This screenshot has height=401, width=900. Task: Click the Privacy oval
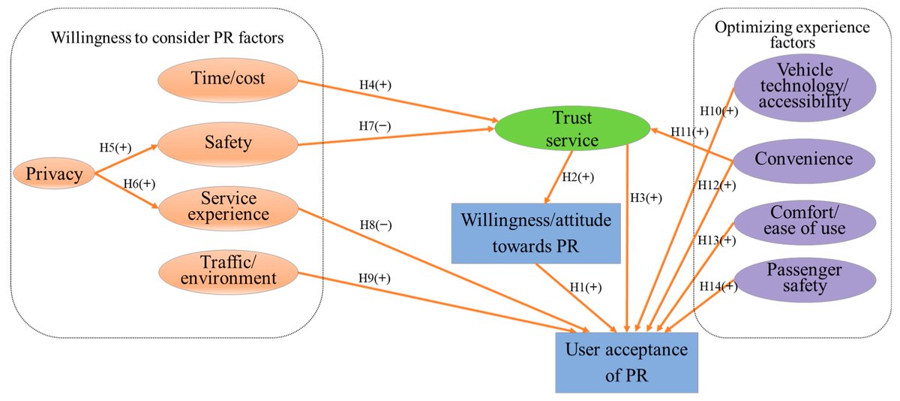pos(53,174)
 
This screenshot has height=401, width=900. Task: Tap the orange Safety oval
pos(228,143)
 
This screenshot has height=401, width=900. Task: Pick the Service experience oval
pos(228,207)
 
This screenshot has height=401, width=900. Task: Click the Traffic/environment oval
pos(228,270)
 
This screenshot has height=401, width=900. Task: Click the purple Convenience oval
pos(804,159)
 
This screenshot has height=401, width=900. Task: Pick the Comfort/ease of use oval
pos(804,219)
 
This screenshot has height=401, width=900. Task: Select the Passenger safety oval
pos(804,277)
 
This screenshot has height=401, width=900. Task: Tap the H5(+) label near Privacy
pos(116,147)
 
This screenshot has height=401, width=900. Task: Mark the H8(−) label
pos(375,225)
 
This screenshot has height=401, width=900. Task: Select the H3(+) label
pos(645,198)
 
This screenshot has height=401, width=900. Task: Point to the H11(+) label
pos(689,131)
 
